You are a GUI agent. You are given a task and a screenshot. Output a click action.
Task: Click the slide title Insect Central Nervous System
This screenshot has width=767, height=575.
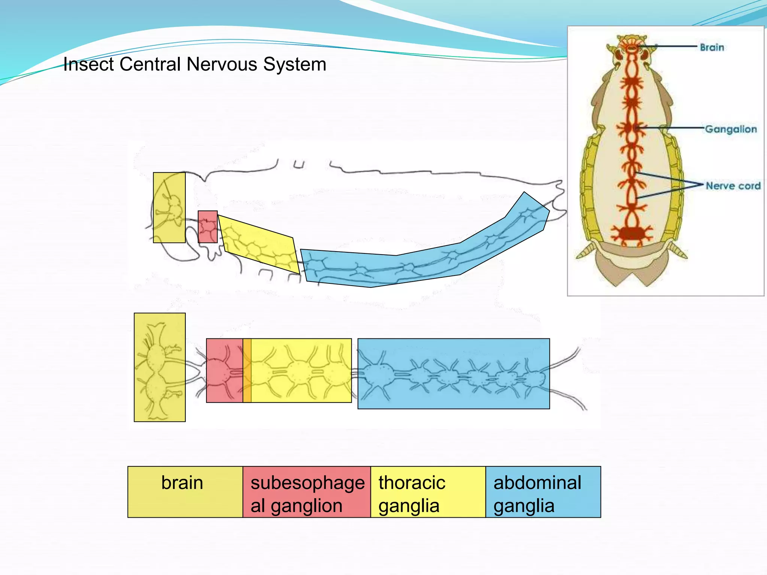(195, 64)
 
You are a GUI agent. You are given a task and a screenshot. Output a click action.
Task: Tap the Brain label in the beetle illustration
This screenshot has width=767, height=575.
(712, 48)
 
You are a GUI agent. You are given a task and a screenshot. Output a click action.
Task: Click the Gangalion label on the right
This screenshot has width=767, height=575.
(731, 129)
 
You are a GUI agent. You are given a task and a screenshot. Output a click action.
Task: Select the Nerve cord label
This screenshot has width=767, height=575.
(733, 186)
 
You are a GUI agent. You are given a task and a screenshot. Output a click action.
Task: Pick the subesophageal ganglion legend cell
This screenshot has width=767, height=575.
(307, 492)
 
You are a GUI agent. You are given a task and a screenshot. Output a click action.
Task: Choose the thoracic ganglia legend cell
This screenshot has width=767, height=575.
(428, 492)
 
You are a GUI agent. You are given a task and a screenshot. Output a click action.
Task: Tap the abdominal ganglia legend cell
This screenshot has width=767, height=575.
(543, 492)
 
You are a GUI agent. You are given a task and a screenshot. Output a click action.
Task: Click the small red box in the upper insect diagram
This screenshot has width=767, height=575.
(207, 227)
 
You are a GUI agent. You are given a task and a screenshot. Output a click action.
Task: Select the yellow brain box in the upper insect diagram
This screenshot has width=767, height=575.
(169, 207)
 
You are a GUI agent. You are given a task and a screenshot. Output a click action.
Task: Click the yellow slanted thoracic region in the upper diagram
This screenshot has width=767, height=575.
(258, 243)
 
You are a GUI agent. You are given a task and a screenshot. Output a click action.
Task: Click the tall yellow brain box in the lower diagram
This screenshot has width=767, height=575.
(160, 367)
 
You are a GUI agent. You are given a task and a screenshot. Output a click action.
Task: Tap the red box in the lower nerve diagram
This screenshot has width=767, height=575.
(224, 371)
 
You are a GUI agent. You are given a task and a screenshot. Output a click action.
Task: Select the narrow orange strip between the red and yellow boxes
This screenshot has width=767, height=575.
(247, 371)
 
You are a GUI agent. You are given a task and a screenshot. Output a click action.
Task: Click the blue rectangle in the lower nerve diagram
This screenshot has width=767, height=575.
(453, 374)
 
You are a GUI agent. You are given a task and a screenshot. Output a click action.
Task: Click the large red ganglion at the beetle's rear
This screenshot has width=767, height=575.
(632, 233)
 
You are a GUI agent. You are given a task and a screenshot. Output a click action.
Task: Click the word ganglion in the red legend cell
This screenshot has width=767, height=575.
(306, 506)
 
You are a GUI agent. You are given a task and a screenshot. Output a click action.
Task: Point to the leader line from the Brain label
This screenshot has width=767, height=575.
(670, 46)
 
